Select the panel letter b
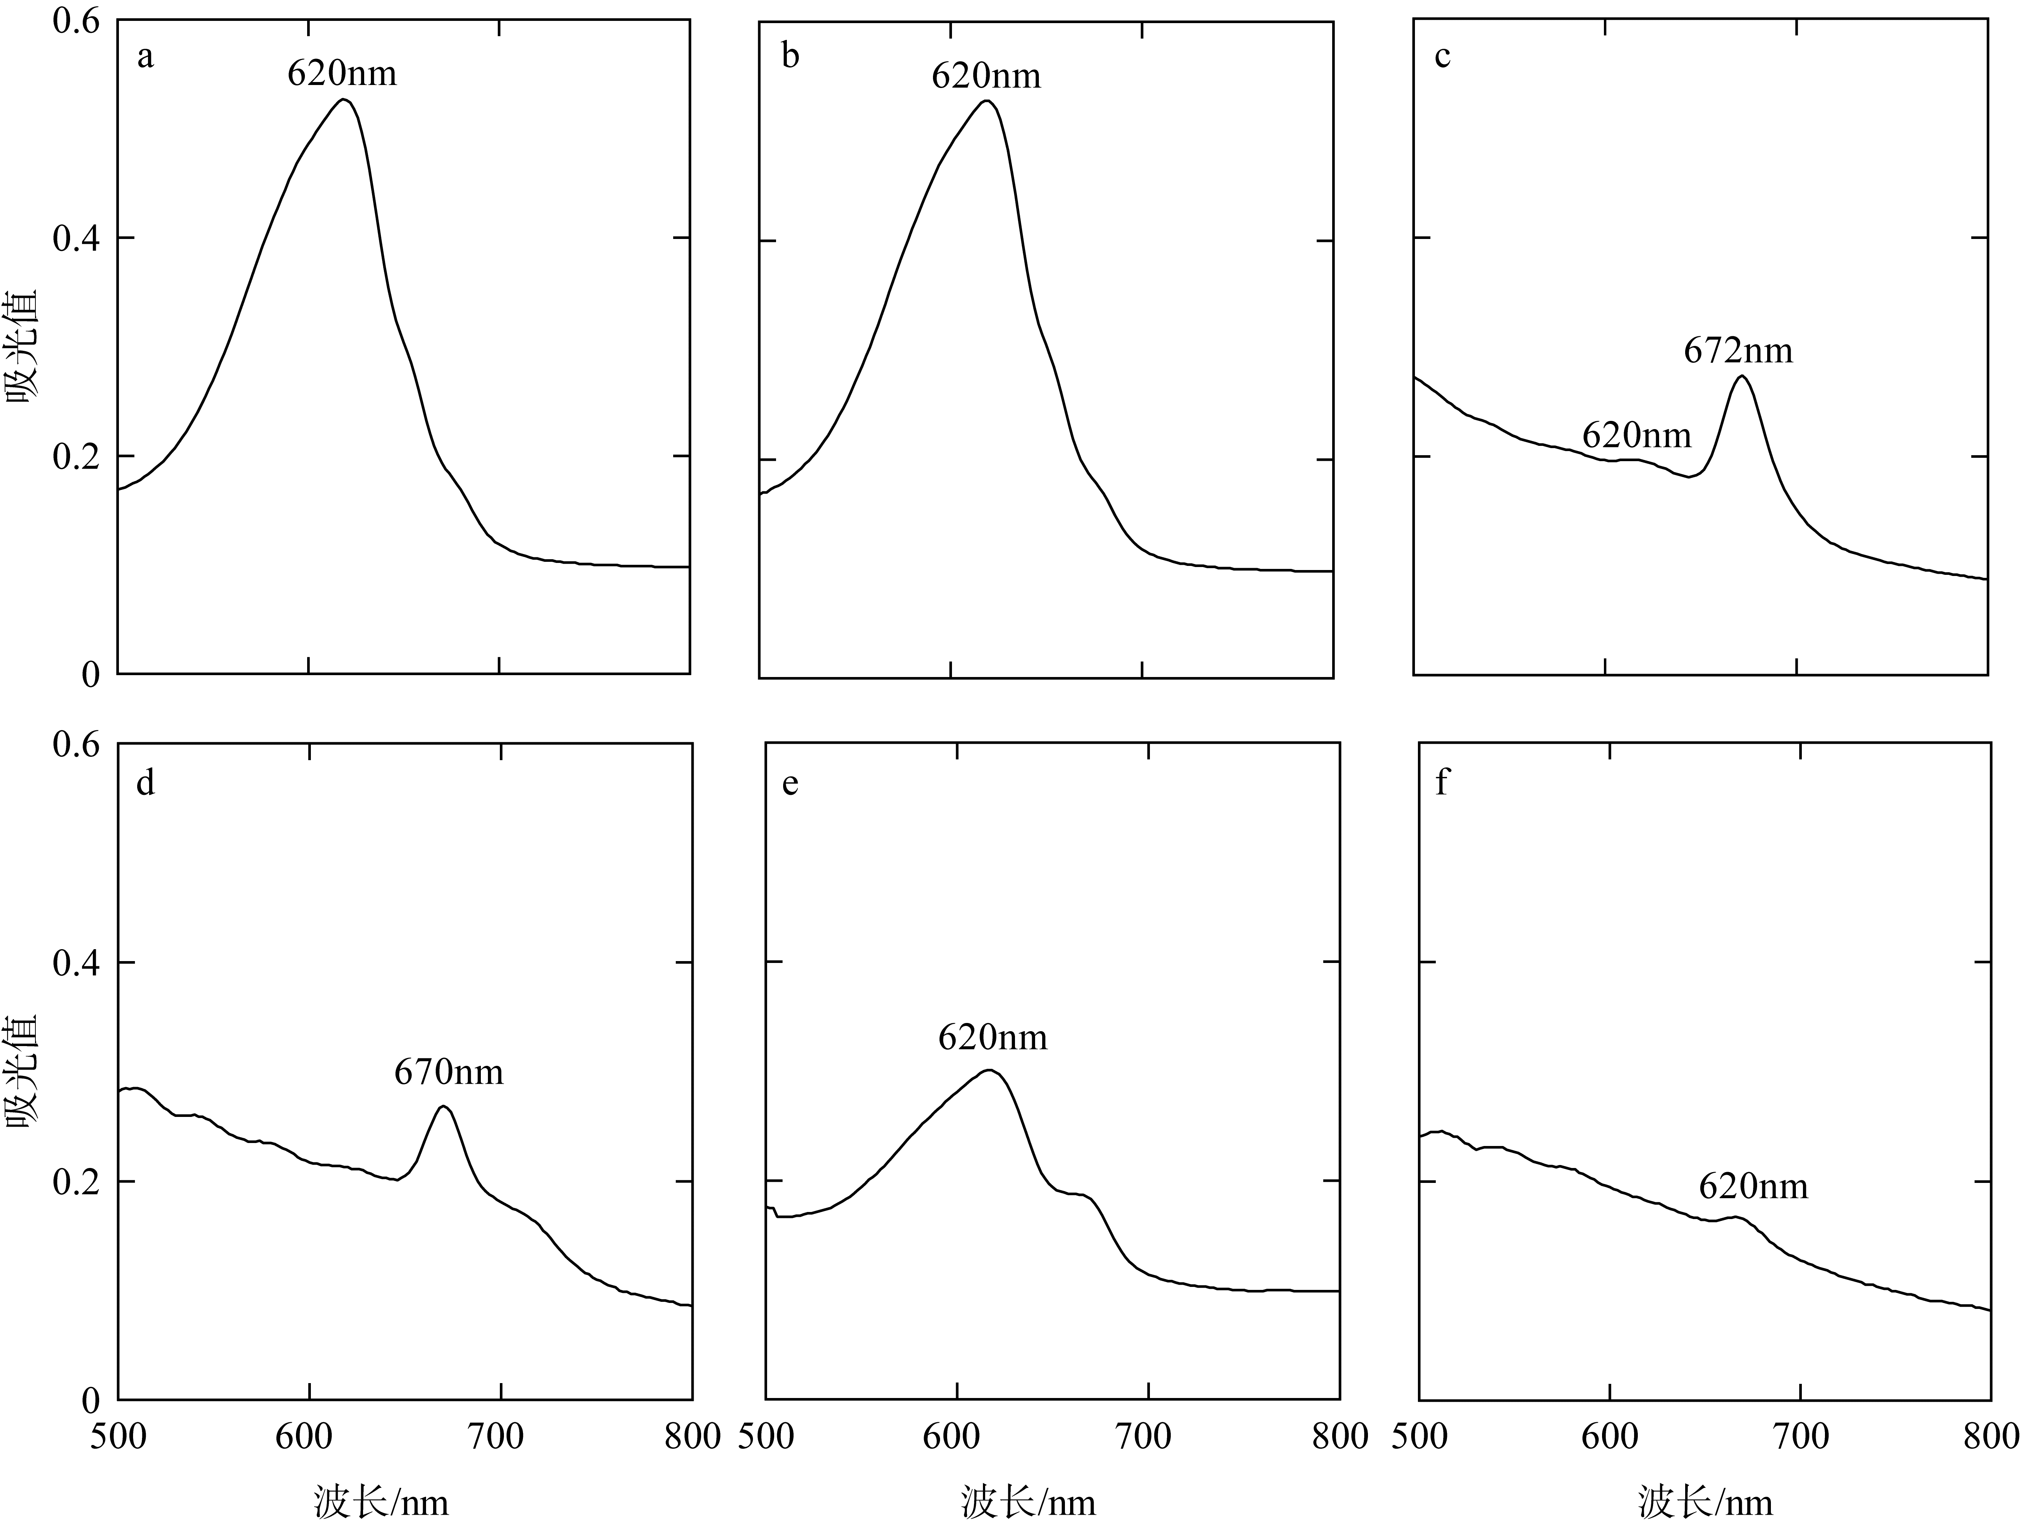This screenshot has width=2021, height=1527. (790, 57)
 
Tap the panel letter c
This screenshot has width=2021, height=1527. (1443, 57)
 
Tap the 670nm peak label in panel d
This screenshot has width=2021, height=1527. (449, 1072)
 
